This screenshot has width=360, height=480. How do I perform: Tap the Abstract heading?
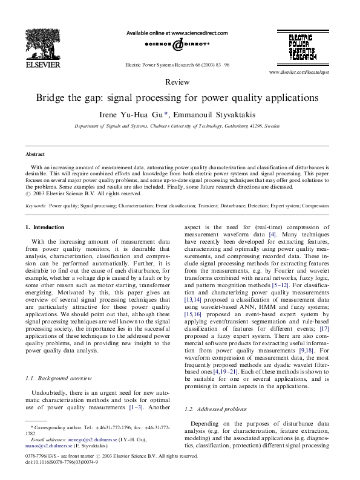pyautogui.click(x=35, y=155)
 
